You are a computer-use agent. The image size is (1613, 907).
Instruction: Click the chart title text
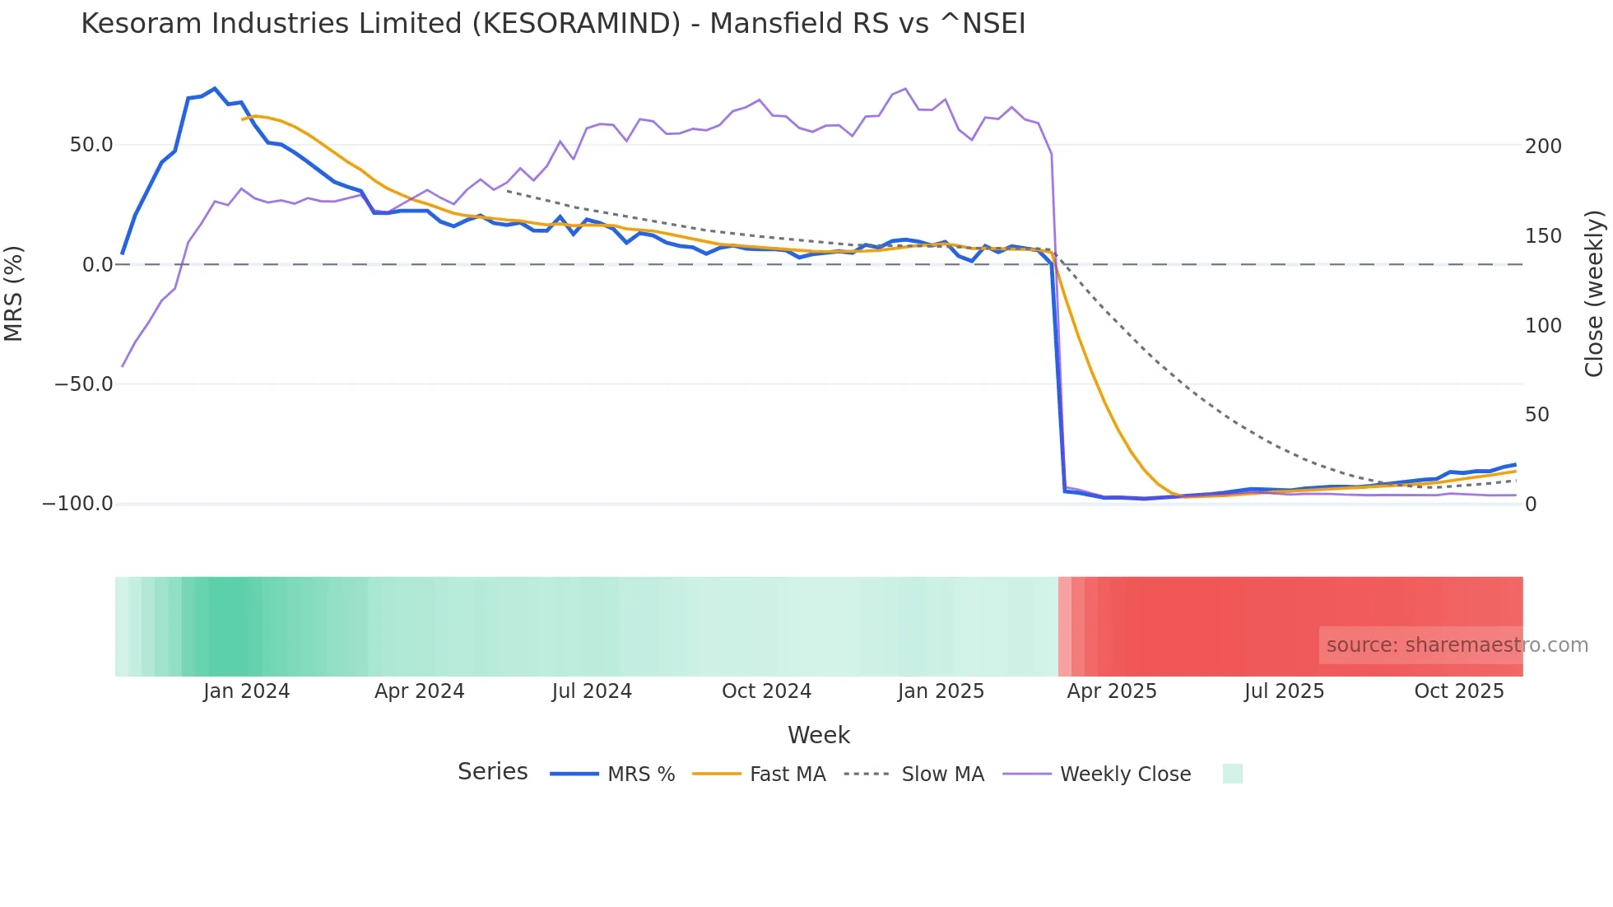[x=553, y=24]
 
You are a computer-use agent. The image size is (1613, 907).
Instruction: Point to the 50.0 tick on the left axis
[x=91, y=145]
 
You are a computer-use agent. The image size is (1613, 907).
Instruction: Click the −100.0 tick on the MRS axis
[x=78, y=504]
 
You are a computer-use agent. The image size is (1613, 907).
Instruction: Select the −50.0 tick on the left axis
[x=84, y=384]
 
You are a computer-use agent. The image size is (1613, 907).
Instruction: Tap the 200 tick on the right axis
[x=1543, y=147]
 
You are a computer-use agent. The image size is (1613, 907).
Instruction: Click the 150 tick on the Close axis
[x=1543, y=236]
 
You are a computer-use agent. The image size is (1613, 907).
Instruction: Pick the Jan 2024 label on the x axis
[x=246, y=691]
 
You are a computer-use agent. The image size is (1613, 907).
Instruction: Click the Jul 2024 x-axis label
[x=592, y=691]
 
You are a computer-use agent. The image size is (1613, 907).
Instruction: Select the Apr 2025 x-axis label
[x=1112, y=691]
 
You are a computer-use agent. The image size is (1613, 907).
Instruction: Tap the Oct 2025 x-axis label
[x=1458, y=691]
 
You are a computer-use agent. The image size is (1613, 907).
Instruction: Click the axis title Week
[x=818, y=735]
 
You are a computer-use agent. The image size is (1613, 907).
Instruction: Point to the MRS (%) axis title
[x=14, y=294]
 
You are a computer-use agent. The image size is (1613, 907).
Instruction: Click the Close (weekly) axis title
[x=1594, y=294]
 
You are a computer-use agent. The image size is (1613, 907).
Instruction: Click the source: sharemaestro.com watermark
[x=1457, y=645]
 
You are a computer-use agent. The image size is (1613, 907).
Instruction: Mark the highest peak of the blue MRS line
[x=215, y=88]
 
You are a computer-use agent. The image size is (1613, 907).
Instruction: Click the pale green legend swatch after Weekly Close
[x=1232, y=774]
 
